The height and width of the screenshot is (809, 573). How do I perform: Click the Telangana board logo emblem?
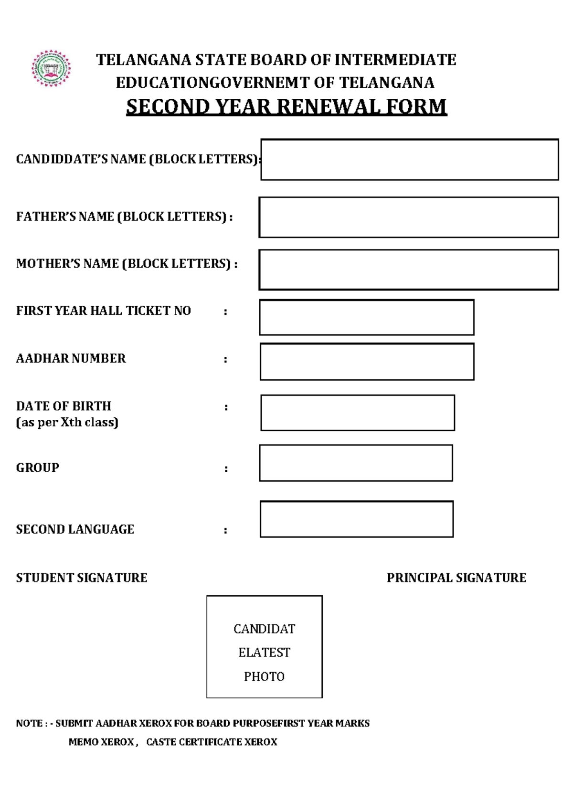(51, 68)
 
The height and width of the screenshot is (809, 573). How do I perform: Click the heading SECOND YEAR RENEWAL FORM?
(286, 106)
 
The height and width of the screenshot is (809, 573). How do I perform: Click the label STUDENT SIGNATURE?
(82, 578)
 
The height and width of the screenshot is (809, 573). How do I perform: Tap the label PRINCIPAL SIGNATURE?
(456, 578)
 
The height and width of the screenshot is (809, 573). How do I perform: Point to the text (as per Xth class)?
(67, 422)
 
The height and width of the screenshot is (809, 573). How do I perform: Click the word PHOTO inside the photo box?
(264, 676)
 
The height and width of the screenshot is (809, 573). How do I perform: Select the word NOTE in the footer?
(29, 724)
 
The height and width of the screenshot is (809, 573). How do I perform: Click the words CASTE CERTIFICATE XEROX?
(212, 742)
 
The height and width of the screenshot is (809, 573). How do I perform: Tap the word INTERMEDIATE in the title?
(395, 60)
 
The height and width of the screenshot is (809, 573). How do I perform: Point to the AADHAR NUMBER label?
(71, 358)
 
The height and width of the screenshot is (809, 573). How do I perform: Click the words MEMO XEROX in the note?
(101, 742)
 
